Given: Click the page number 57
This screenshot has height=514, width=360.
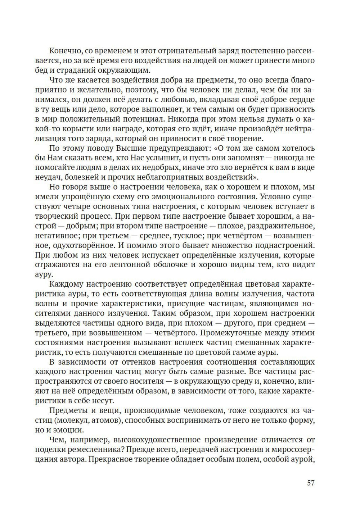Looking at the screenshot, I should click(311, 483).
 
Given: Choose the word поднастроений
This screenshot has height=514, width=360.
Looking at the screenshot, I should click(285, 245).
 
